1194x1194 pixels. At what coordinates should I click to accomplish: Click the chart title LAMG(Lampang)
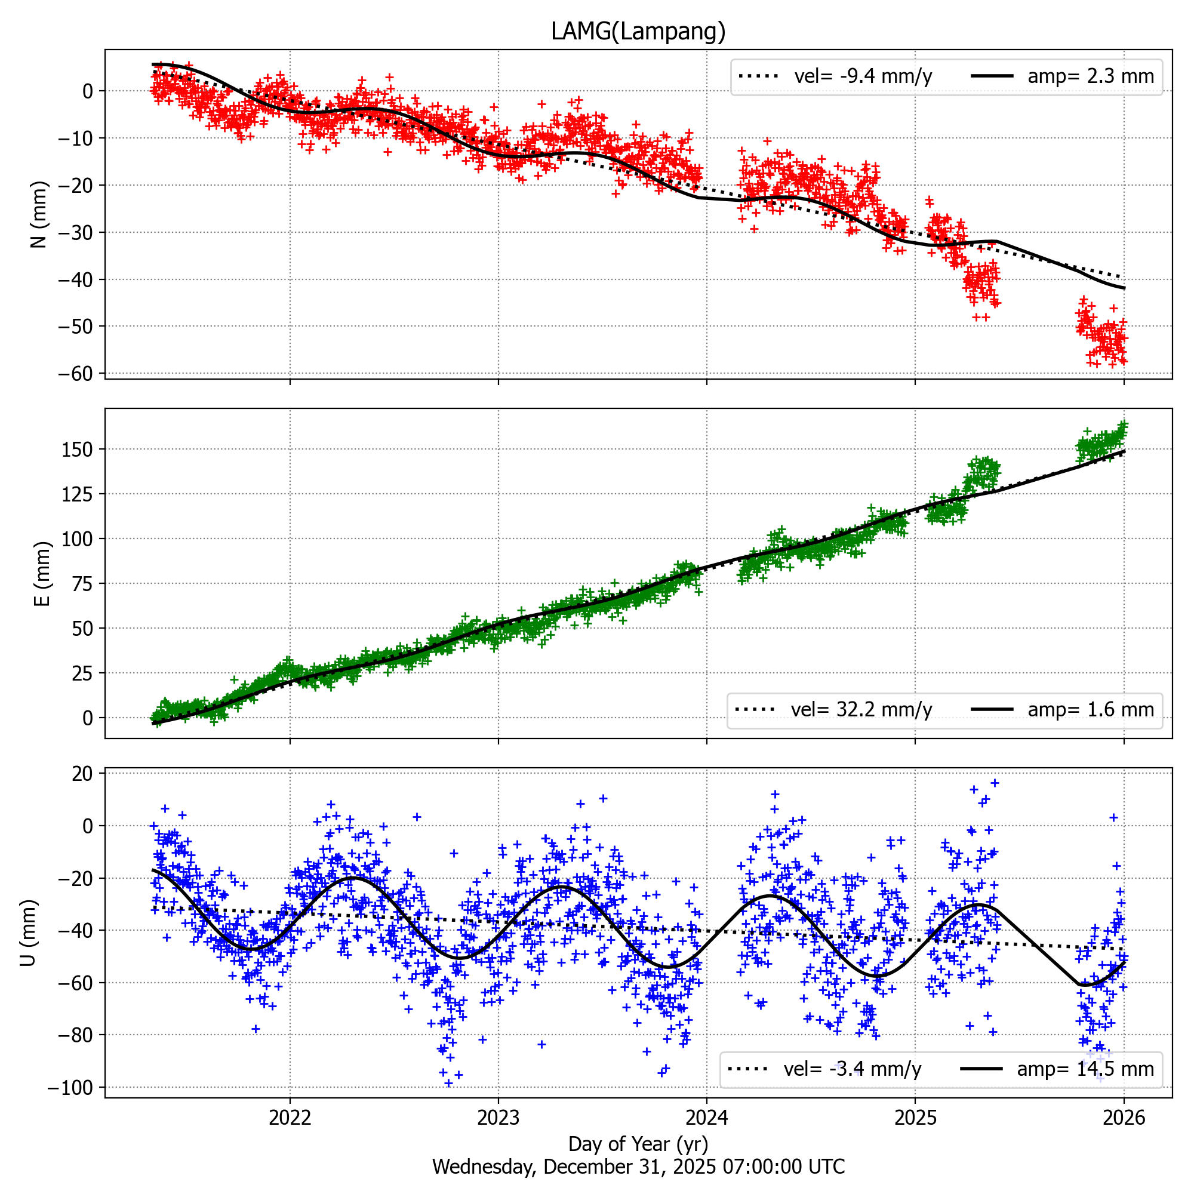click(638, 31)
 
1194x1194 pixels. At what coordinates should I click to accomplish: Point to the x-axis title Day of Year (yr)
click(638, 1143)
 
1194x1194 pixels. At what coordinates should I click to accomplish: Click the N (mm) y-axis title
click(39, 214)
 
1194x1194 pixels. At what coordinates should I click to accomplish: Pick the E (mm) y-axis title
click(41, 574)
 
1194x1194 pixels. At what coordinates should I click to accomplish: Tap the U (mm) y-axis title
click(29, 933)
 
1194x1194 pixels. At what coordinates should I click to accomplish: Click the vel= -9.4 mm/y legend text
click(863, 76)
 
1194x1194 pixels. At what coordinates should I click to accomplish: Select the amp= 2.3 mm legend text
click(1090, 76)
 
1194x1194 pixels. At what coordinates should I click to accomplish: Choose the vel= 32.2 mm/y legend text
click(861, 709)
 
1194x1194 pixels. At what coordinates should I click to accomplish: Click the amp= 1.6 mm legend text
click(1090, 709)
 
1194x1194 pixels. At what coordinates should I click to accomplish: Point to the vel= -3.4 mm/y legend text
click(853, 1069)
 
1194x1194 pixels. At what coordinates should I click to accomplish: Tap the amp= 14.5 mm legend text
click(1085, 1069)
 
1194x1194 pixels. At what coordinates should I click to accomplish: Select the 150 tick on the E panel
click(77, 450)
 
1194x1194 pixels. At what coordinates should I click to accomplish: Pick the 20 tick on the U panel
click(82, 774)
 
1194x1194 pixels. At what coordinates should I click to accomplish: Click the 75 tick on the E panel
click(82, 583)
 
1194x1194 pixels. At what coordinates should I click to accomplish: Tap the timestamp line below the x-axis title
click(638, 1167)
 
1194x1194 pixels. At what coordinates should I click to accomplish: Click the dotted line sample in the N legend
click(758, 76)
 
